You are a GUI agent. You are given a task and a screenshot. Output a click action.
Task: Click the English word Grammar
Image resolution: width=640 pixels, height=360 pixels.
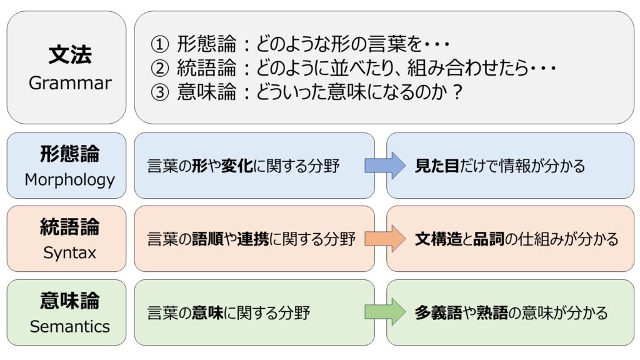click(70, 83)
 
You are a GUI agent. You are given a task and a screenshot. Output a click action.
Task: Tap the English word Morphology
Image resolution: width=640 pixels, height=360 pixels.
click(70, 180)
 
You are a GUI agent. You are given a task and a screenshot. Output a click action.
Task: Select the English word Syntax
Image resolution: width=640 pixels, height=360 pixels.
click(70, 253)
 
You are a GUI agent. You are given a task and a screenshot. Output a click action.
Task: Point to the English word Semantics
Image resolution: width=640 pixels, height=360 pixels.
click(70, 326)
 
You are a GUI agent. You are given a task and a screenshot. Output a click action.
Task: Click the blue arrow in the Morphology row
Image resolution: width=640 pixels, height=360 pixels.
click(385, 165)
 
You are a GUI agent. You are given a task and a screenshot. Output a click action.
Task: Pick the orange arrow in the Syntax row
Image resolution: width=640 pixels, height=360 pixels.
click(385, 239)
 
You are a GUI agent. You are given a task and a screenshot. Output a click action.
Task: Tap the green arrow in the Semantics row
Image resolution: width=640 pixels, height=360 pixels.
click(385, 312)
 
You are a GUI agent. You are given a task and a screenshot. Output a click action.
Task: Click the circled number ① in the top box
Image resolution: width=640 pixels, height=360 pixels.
click(159, 44)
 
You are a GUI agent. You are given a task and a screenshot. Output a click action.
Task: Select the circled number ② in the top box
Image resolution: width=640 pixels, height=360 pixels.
click(159, 68)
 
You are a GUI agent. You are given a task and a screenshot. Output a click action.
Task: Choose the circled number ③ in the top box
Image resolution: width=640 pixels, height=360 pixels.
click(159, 92)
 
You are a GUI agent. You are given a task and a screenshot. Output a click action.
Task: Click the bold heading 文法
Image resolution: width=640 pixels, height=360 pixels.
click(70, 54)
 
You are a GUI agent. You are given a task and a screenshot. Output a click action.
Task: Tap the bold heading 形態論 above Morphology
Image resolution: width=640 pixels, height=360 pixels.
click(70, 154)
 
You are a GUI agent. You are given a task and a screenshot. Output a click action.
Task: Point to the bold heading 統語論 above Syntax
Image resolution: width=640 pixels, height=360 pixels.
click(70, 227)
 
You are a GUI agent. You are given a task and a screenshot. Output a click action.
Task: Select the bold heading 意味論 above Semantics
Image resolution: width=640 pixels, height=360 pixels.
click(70, 301)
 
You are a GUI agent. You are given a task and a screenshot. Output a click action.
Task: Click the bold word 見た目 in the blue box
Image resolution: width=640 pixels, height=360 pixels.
click(437, 166)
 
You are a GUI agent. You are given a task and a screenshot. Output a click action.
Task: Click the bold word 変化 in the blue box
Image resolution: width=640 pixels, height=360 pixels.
click(237, 166)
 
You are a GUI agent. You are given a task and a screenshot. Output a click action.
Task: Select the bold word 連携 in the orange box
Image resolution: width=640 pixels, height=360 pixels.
click(253, 239)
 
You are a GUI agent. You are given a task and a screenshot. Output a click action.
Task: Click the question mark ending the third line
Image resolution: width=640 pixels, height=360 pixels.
click(457, 92)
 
